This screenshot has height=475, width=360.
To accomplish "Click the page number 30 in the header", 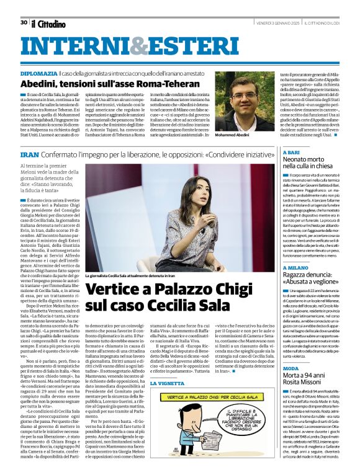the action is point(24,23).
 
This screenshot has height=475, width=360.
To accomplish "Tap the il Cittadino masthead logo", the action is point(48,24).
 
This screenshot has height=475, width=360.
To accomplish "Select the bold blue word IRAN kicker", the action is point(29,153).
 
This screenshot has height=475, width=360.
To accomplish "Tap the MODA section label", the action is point(292,368).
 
